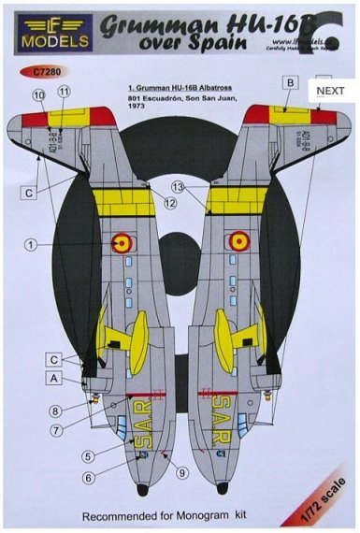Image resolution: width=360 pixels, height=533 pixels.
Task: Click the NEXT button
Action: pos(331,91)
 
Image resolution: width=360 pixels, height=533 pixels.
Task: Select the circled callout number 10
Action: pos(38,94)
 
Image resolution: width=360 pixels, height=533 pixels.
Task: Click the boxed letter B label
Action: pos(291,83)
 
